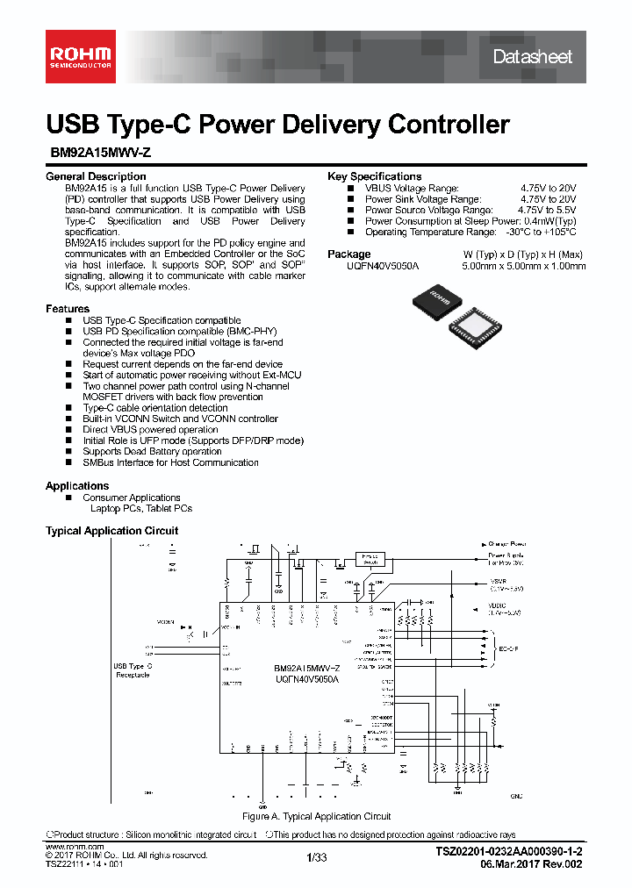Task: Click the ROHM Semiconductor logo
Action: [79, 55]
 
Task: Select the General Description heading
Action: [96, 176]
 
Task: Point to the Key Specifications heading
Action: [374, 176]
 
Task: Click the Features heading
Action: [68, 309]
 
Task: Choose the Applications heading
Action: [77, 486]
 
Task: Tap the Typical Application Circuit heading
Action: [111, 531]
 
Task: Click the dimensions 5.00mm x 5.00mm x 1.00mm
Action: [524, 266]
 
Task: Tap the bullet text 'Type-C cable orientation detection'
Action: [155, 408]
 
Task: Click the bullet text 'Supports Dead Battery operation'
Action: [152, 452]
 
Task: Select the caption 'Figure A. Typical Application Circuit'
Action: [316, 816]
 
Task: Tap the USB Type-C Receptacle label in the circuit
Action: [133, 670]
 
